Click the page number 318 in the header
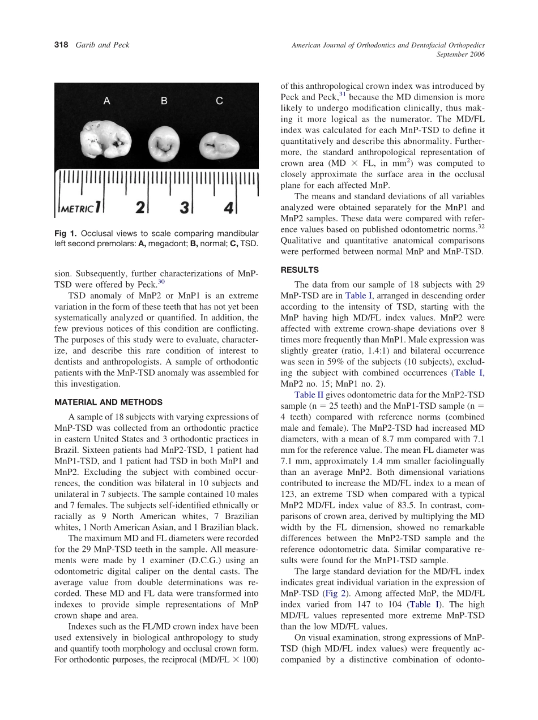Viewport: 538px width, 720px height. coord(61,45)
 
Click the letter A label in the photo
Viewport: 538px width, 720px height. coord(106,101)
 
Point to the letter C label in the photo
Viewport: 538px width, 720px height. coord(219,101)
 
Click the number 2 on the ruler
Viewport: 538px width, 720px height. coord(140,208)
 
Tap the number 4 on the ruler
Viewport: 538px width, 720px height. coord(228,208)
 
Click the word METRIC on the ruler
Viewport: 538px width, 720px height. coord(76,209)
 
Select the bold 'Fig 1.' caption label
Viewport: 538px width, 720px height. coord(66,233)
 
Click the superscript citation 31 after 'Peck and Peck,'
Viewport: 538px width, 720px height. coord(342,95)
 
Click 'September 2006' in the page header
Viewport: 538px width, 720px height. coord(460,54)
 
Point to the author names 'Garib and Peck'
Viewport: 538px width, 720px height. coord(103,45)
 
